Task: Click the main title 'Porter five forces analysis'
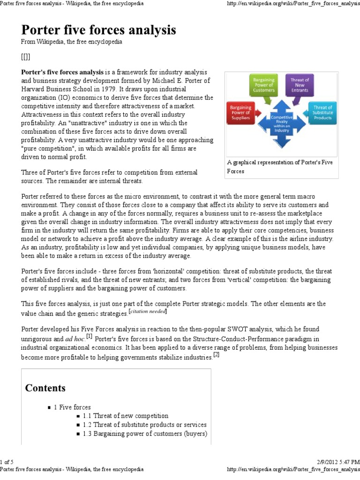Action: [99, 30]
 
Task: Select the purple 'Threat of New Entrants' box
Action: [300, 85]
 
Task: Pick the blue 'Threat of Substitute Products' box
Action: [322, 113]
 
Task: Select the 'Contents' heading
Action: [45, 388]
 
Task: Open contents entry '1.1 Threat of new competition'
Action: [125, 416]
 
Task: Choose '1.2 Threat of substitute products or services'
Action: [144, 425]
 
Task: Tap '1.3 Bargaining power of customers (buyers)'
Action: [144, 434]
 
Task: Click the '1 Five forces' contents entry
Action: [72, 407]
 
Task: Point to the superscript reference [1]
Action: [89, 336]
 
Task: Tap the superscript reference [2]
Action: [216, 354]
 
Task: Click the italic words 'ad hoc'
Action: [75, 338]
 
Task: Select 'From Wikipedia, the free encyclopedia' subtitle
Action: [72, 42]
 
